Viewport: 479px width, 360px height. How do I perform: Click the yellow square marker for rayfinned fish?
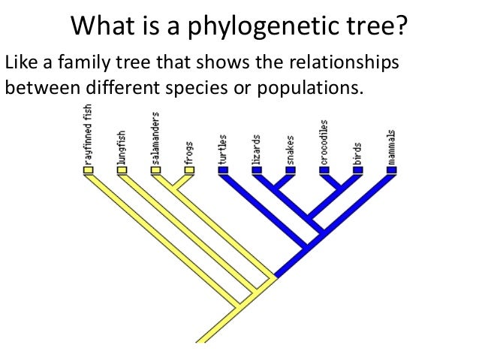[88, 171]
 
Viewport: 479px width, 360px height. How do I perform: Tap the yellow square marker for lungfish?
[122, 171]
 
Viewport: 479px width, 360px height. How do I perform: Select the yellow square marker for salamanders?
[155, 171]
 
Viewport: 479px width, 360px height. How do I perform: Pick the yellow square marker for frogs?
[189, 171]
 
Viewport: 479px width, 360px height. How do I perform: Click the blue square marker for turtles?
[223, 171]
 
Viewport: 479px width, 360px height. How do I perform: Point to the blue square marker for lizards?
[257, 171]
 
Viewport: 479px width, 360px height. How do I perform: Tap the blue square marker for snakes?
[291, 171]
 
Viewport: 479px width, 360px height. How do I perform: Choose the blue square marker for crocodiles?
[324, 171]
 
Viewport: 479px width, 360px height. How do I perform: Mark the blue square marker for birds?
[358, 171]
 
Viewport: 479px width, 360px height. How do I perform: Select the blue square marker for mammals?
[392, 171]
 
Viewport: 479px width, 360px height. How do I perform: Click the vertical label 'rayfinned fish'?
[88, 135]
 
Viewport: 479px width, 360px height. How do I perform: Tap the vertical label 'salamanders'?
[155, 138]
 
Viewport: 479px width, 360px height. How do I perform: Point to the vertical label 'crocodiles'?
[324, 140]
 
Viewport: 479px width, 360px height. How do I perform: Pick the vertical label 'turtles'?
[223, 149]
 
